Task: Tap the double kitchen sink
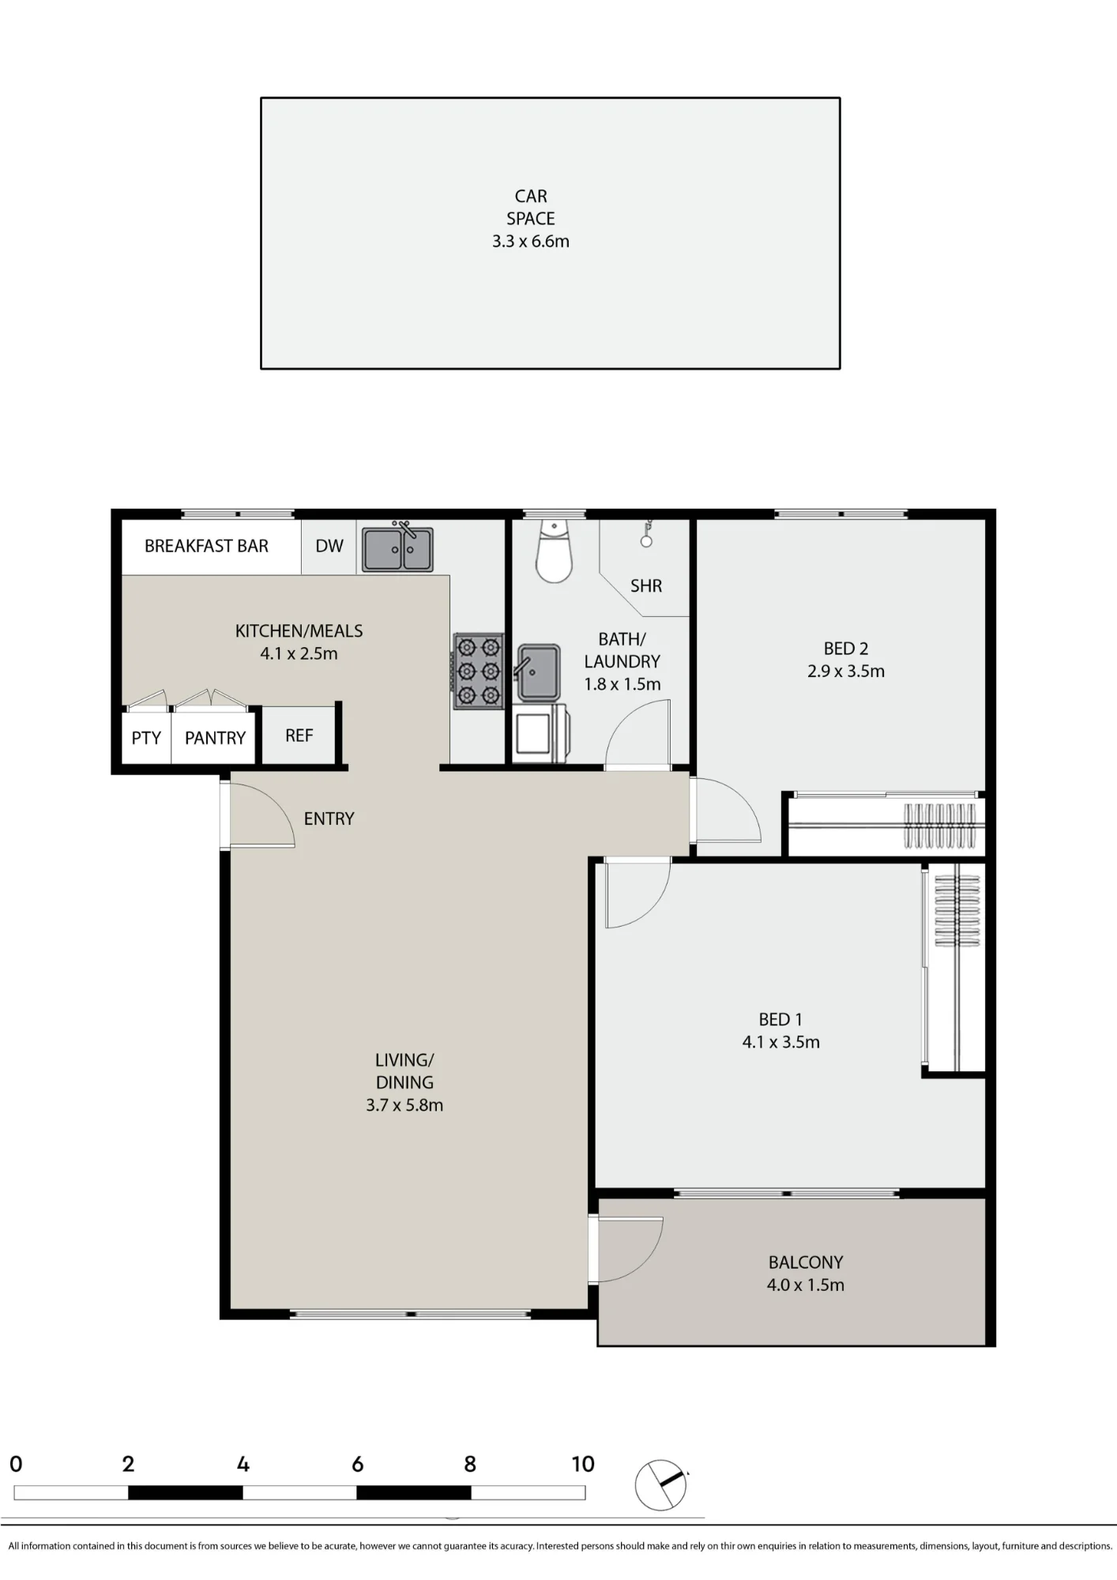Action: pyautogui.click(x=397, y=548)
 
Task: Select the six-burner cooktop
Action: pyautogui.click(x=479, y=671)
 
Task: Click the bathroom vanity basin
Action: pyautogui.click(x=538, y=672)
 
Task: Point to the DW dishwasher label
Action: pyautogui.click(x=329, y=546)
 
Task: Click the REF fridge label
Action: pyautogui.click(x=299, y=735)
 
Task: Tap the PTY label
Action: pyautogui.click(x=146, y=738)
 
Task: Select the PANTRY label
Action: pyautogui.click(x=215, y=738)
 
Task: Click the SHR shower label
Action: pyautogui.click(x=646, y=586)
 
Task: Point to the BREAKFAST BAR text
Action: pyautogui.click(x=206, y=546)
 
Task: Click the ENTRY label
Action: pyautogui.click(x=329, y=818)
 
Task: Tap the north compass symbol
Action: pyautogui.click(x=661, y=1485)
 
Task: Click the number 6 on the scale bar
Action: pyautogui.click(x=357, y=1465)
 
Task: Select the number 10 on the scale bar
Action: pyautogui.click(x=583, y=1465)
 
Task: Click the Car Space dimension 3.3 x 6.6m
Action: pyautogui.click(x=531, y=242)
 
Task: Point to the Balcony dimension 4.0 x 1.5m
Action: pyautogui.click(x=806, y=1285)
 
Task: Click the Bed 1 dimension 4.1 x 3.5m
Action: pyautogui.click(x=781, y=1042)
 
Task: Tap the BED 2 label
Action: pyautogui.click(x=846, y=649)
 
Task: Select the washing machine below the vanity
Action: pyautogui.click(x=540, y=733)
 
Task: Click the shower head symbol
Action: pyautogui.click(x=647, y=534)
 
